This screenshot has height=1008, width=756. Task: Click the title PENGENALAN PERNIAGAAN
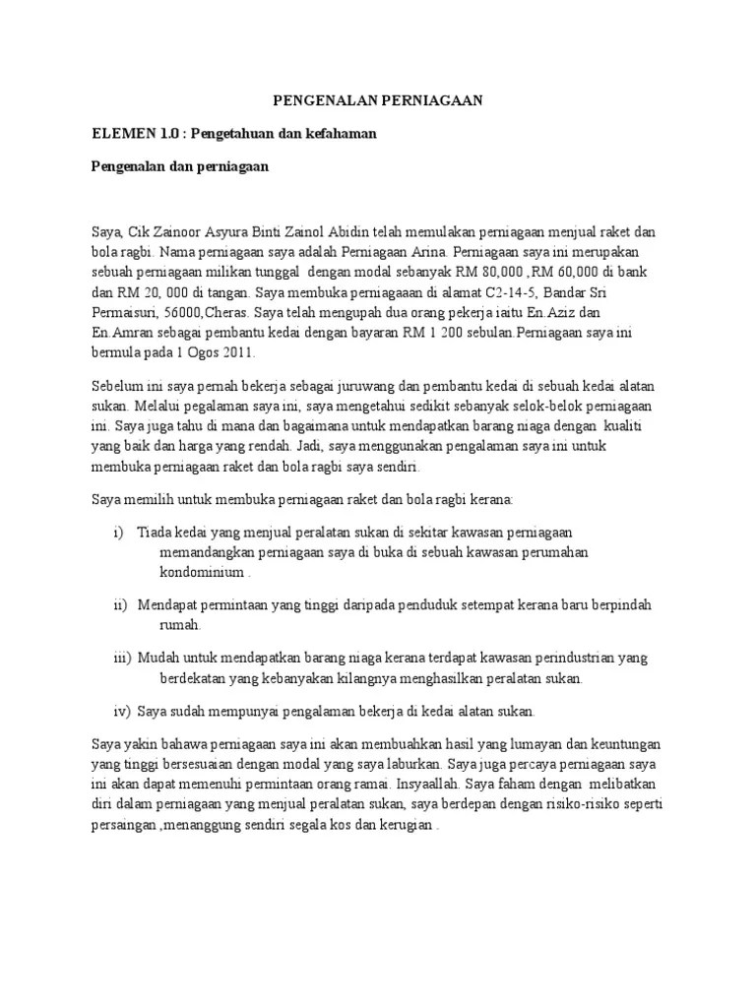(378, 101)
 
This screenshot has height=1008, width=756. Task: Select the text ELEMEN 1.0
(133, 134)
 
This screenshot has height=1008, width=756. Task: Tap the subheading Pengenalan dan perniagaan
(180, 167)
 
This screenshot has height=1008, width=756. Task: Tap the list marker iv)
(122, 711)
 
